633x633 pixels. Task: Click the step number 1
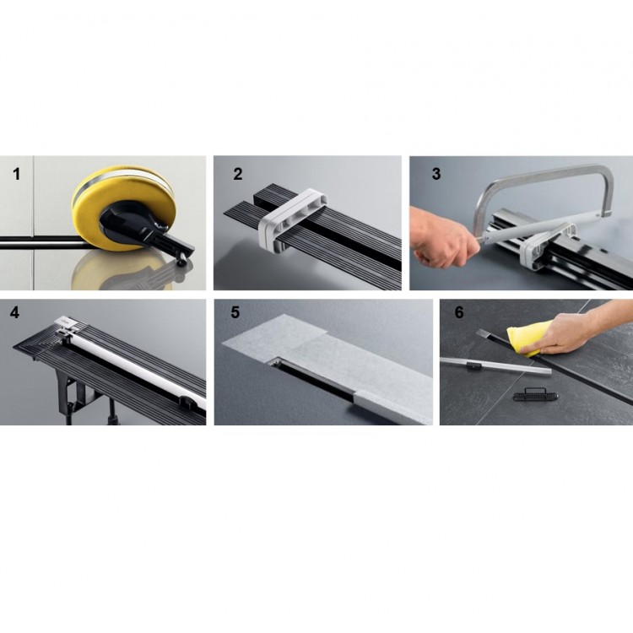[16, 175]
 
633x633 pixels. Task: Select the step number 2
[238, 174]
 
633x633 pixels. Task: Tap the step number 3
[436, 174]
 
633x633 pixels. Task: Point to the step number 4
[14, 312]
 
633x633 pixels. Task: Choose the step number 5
[235, 312]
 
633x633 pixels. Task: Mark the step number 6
[459, 312]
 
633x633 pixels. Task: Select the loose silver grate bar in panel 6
[495, 366]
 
